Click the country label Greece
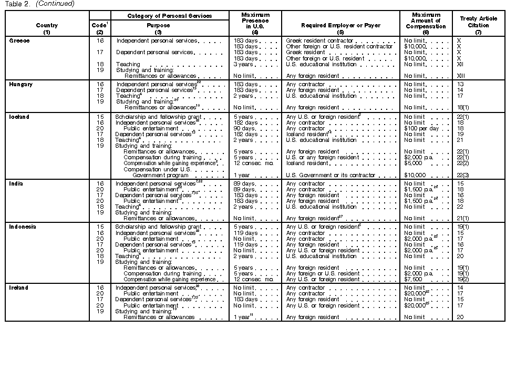[x=19, y=40]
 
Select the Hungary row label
[x=21, y=84]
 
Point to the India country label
[x=16, y=183]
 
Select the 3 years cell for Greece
[x=244, y=64]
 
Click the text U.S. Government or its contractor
[x=327, y=175]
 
